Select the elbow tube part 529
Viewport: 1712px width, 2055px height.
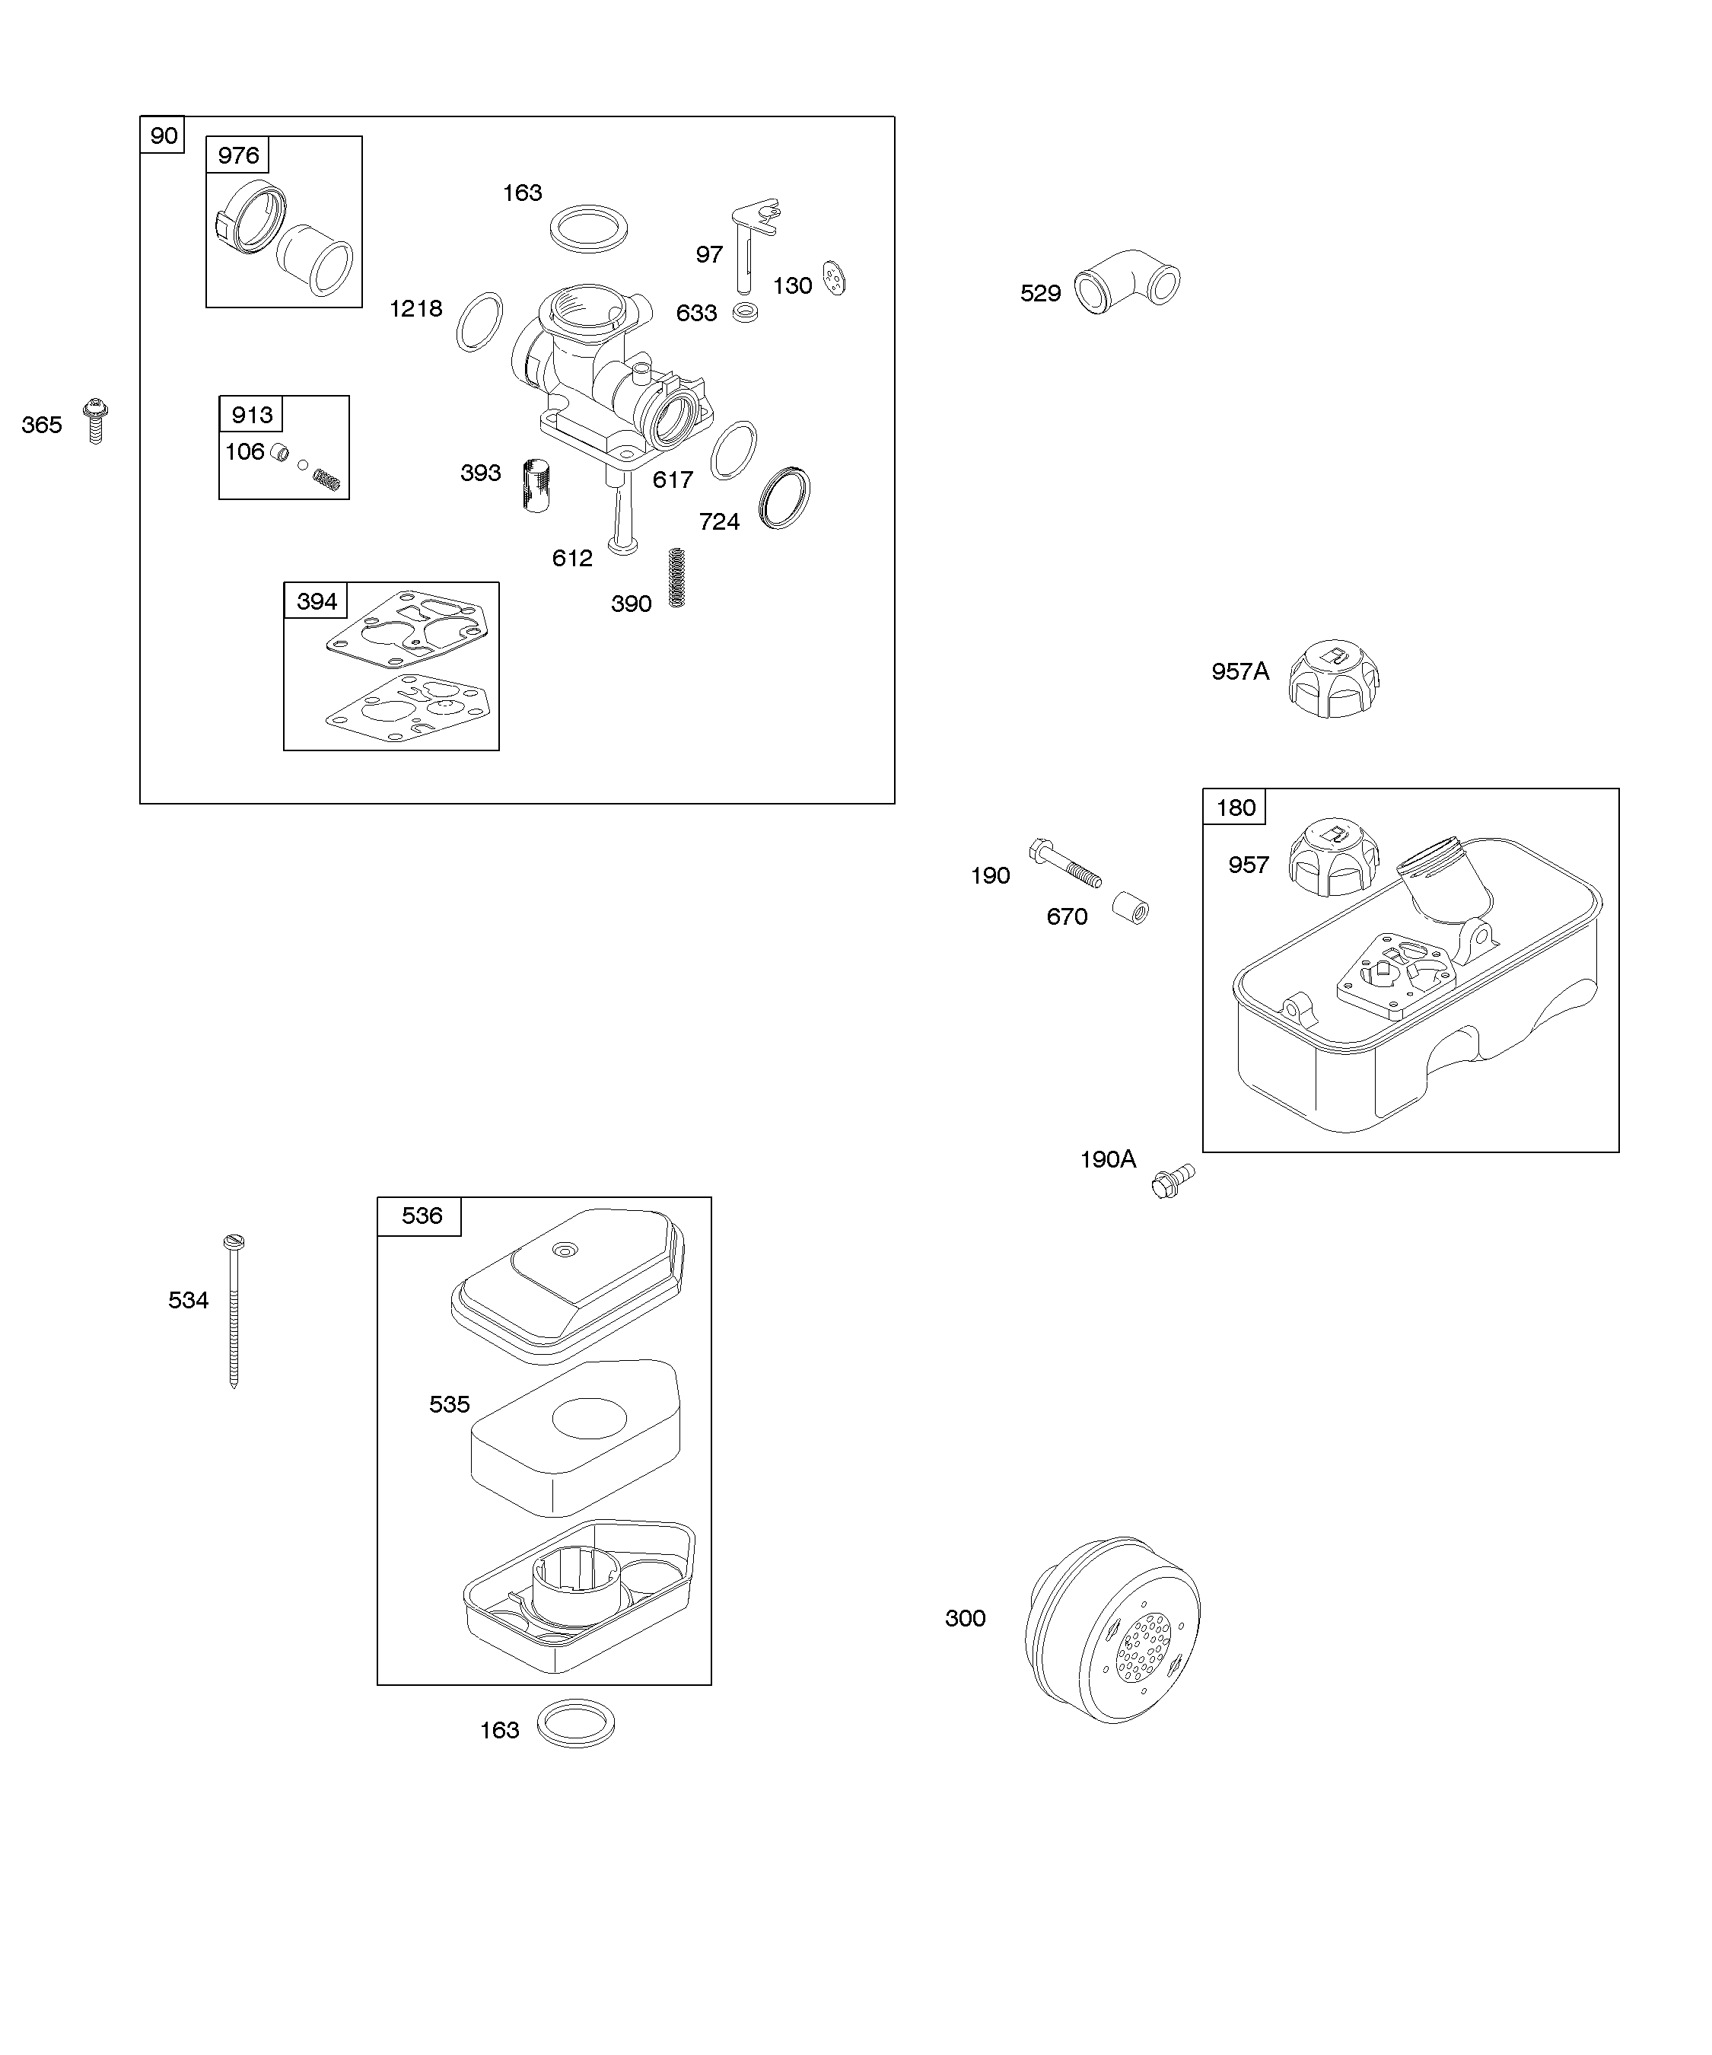tap(1127, 282)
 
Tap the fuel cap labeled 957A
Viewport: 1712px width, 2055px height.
tap(1333, 678)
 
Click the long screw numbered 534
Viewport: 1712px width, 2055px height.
tap(234, 1311)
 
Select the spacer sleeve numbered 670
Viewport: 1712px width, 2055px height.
tap(1131, 907)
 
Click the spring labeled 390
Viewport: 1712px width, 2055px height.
tap(675, 578)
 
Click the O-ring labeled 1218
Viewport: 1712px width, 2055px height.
tap(479, 322)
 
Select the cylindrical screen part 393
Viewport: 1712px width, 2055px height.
tap(535, 484)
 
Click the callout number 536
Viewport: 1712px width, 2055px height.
tap(422, 1215)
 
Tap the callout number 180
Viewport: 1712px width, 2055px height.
tap(1236, 808)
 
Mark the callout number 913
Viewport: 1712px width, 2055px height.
tap(251, 415)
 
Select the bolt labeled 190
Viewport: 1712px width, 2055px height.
tap(1064, 862)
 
